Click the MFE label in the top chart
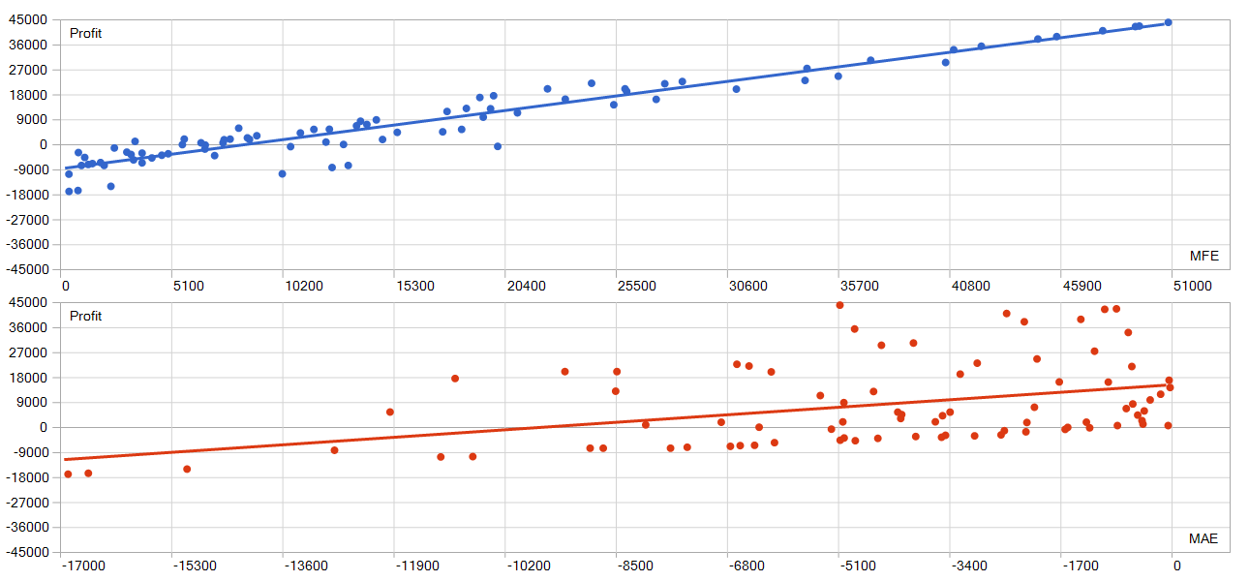(x=1203, y=257)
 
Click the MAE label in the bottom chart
(x=1203, y=539)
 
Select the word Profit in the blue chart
(x=85, y=34)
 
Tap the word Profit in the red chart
(x=85, y=317)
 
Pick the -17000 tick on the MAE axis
(x=83, y=566)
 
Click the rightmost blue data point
(x=1169, y=22)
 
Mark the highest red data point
(x=839, y=305)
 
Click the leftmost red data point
(x=68, y=474)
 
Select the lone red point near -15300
(x=187, y=469)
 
